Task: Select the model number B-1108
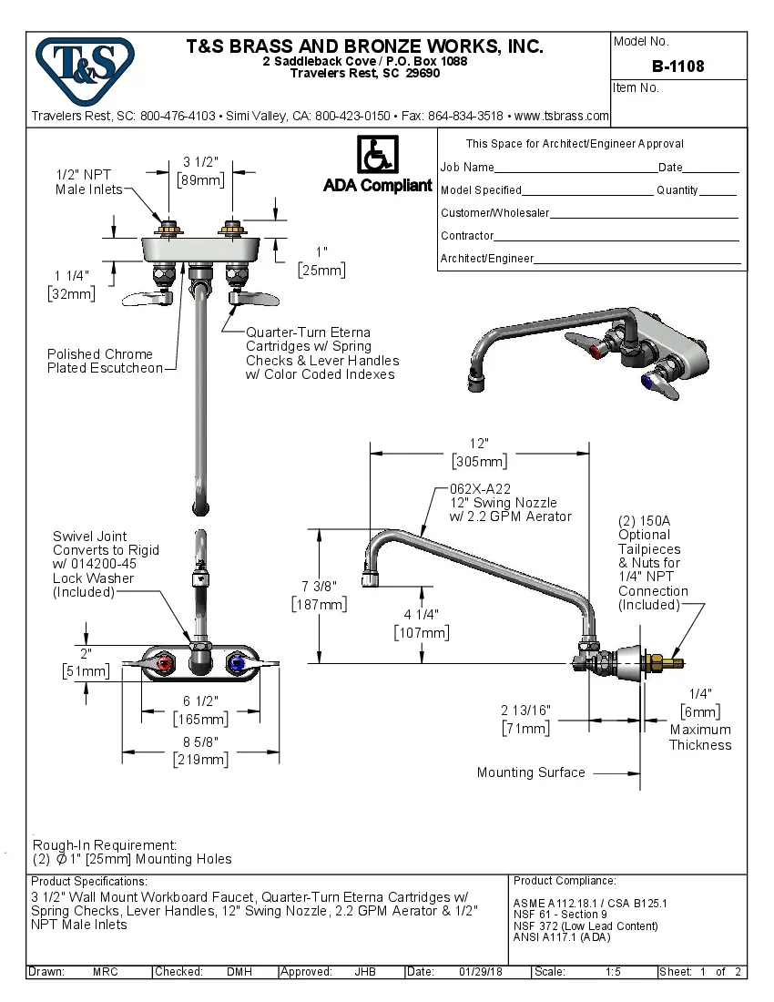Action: tap(677, 66)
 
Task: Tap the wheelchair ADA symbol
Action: tap(377, 155)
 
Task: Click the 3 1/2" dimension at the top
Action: tap(199, 163)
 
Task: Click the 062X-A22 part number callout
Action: tap(479, 488)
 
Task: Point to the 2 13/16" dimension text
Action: tap(525, 711)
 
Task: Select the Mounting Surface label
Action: tap(531, 772)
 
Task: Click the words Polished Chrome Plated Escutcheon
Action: tap(103, 361)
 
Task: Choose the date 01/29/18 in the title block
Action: tap(482, 972)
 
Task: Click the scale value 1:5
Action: tap(613, 972)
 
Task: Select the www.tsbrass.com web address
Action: tap(561, 116)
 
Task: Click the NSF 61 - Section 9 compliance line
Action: tap(560, 915)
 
